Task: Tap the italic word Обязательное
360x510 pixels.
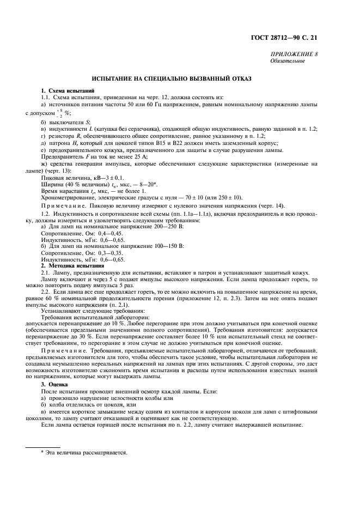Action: pos(288,61)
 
